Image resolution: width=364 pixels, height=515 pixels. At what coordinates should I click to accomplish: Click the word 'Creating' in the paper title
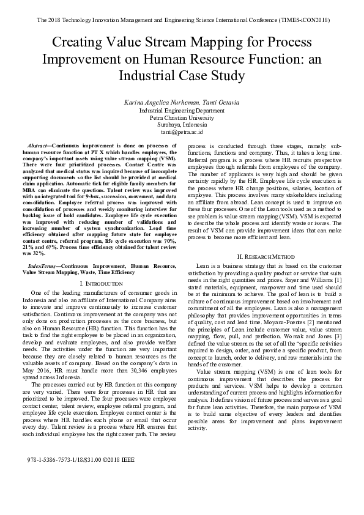(75, 43)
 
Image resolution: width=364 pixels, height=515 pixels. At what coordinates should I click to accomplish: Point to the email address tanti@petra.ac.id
(182, 132)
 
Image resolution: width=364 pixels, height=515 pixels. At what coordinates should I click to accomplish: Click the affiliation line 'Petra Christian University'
(182, 117)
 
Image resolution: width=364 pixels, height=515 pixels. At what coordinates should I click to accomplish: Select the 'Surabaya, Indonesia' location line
(182, 125)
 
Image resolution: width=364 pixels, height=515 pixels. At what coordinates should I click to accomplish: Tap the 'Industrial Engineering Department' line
(182, 110)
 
